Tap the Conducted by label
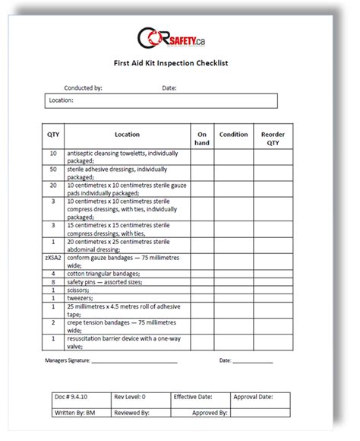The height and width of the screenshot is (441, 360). pos(84,88)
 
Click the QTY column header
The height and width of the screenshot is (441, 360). pos(53,135)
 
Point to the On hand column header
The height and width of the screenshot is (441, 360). pos(201,138)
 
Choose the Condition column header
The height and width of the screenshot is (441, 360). pos(233,135)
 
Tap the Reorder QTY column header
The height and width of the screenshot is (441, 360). pos(273,138)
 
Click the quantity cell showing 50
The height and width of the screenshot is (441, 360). pos(53,171)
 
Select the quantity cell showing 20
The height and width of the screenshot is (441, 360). pos(53,186)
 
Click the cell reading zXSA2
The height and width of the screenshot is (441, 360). pos(53,259)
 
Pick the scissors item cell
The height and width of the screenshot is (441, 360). pos(126,290)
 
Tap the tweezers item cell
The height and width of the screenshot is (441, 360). pos(126,298)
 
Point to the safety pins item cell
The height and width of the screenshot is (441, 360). pos(126,281)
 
